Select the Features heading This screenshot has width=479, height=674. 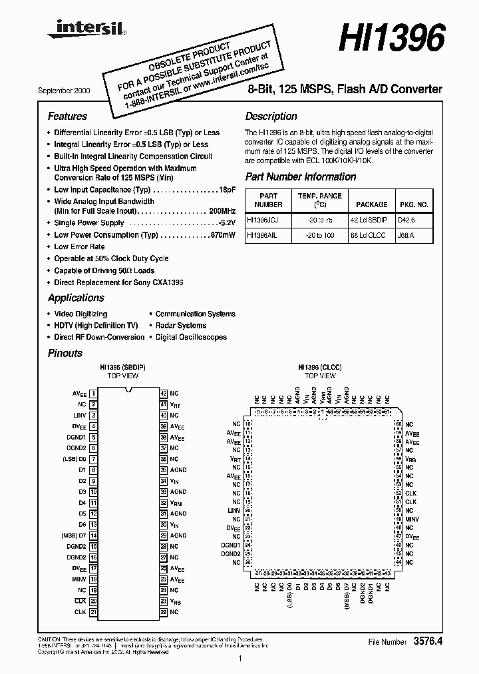67,116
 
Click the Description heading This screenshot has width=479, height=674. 271,116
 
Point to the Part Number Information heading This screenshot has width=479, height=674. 301,176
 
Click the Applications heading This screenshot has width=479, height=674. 76,298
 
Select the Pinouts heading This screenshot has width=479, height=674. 65,353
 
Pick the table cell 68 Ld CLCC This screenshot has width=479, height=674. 371,235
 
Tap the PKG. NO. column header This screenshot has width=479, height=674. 413,205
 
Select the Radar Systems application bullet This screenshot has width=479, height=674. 180,326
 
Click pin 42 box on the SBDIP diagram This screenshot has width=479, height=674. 163,394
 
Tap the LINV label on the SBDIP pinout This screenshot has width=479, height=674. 80,416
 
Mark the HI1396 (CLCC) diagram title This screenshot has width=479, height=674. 320,367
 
